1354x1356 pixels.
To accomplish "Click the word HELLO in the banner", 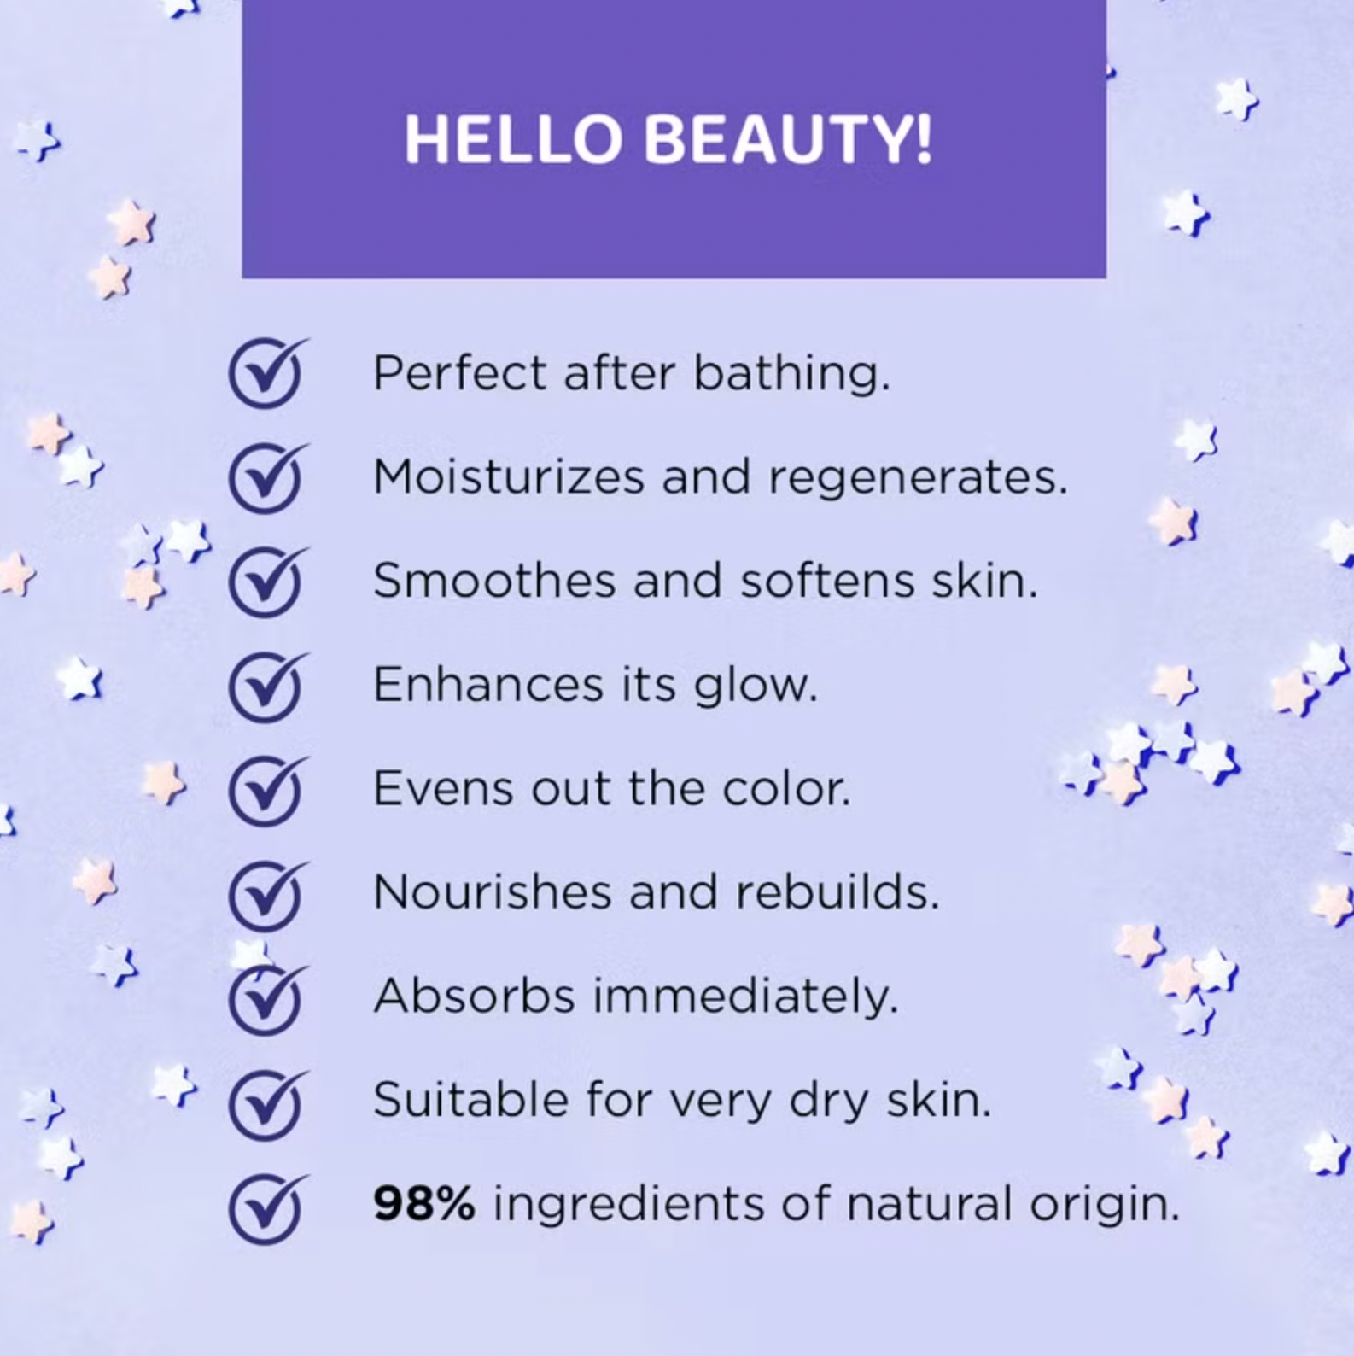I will [512, 139].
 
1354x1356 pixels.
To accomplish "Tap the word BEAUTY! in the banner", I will [787, 139].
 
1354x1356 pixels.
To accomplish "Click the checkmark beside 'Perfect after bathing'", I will [266, 375].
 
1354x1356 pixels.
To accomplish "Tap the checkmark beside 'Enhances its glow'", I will [266, 687].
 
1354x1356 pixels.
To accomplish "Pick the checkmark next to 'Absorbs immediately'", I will [266, 998].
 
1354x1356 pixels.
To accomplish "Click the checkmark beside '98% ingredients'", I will [266, 1207].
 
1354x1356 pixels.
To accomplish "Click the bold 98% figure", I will [423, 1204].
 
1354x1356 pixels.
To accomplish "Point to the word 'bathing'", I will [791, 375].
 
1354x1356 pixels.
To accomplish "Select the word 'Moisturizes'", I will [509, 477].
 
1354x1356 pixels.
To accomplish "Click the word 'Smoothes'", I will [494, 582].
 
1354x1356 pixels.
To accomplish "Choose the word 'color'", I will [785, 789].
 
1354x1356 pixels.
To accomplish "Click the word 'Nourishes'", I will [491, 893].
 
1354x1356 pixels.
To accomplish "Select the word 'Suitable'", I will [470, 1100].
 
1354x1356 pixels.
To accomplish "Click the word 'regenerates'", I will [918, 477].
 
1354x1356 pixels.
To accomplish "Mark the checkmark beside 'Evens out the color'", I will [266, 791].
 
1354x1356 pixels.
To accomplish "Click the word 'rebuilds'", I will [837, 893].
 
